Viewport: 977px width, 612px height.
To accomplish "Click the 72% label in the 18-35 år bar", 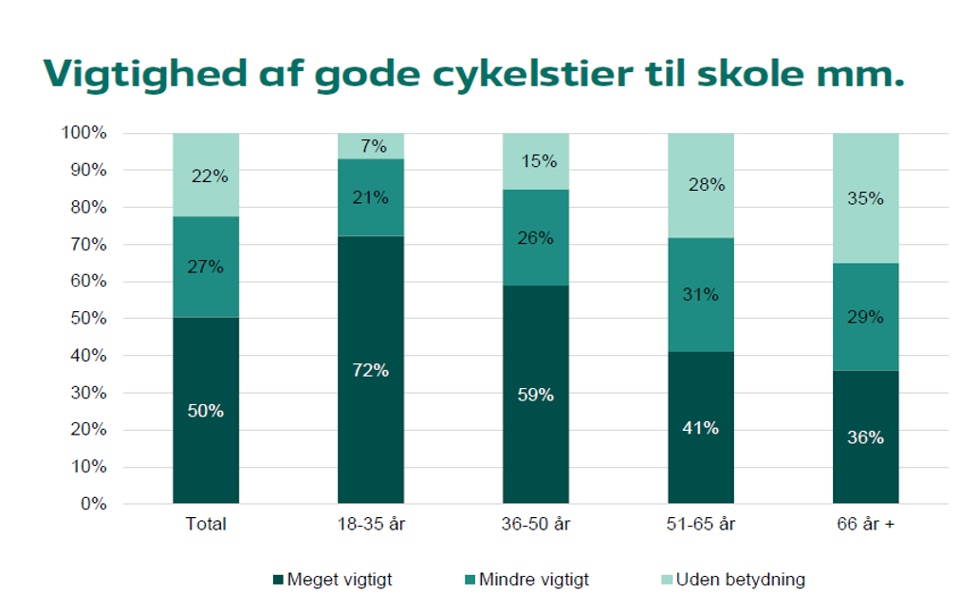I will (371, 370).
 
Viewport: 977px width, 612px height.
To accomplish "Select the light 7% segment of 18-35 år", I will (371, 146).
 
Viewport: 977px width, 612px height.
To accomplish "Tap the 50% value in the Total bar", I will (206, 411).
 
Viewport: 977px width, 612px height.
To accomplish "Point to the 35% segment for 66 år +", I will (866, 198).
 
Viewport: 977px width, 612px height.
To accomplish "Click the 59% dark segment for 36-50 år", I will (536, 394).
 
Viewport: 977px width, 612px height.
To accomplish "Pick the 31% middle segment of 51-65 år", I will (701, 294).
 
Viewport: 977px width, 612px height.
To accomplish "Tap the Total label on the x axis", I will (206, 524).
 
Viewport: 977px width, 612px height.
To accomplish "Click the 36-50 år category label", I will (536, 524).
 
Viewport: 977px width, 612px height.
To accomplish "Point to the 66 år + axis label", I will (866, 524).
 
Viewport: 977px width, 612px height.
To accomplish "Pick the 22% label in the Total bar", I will (206, 176).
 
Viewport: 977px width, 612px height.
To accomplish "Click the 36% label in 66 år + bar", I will (866, 437).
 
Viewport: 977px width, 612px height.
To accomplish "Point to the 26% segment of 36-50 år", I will (536, 238).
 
